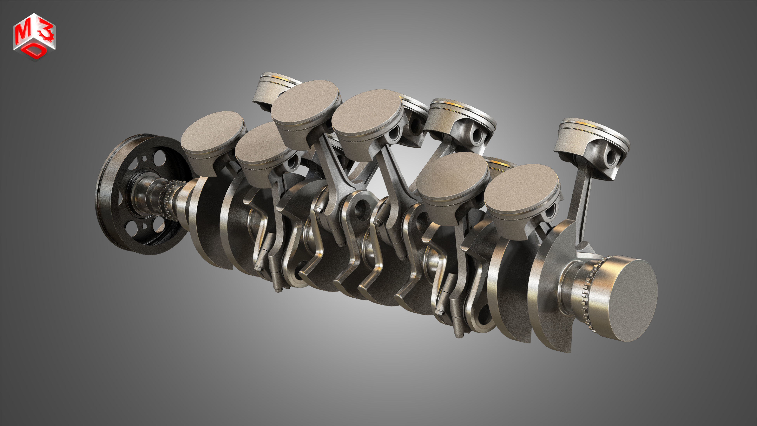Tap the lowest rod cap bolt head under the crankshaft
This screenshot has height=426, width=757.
[458, 335]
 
